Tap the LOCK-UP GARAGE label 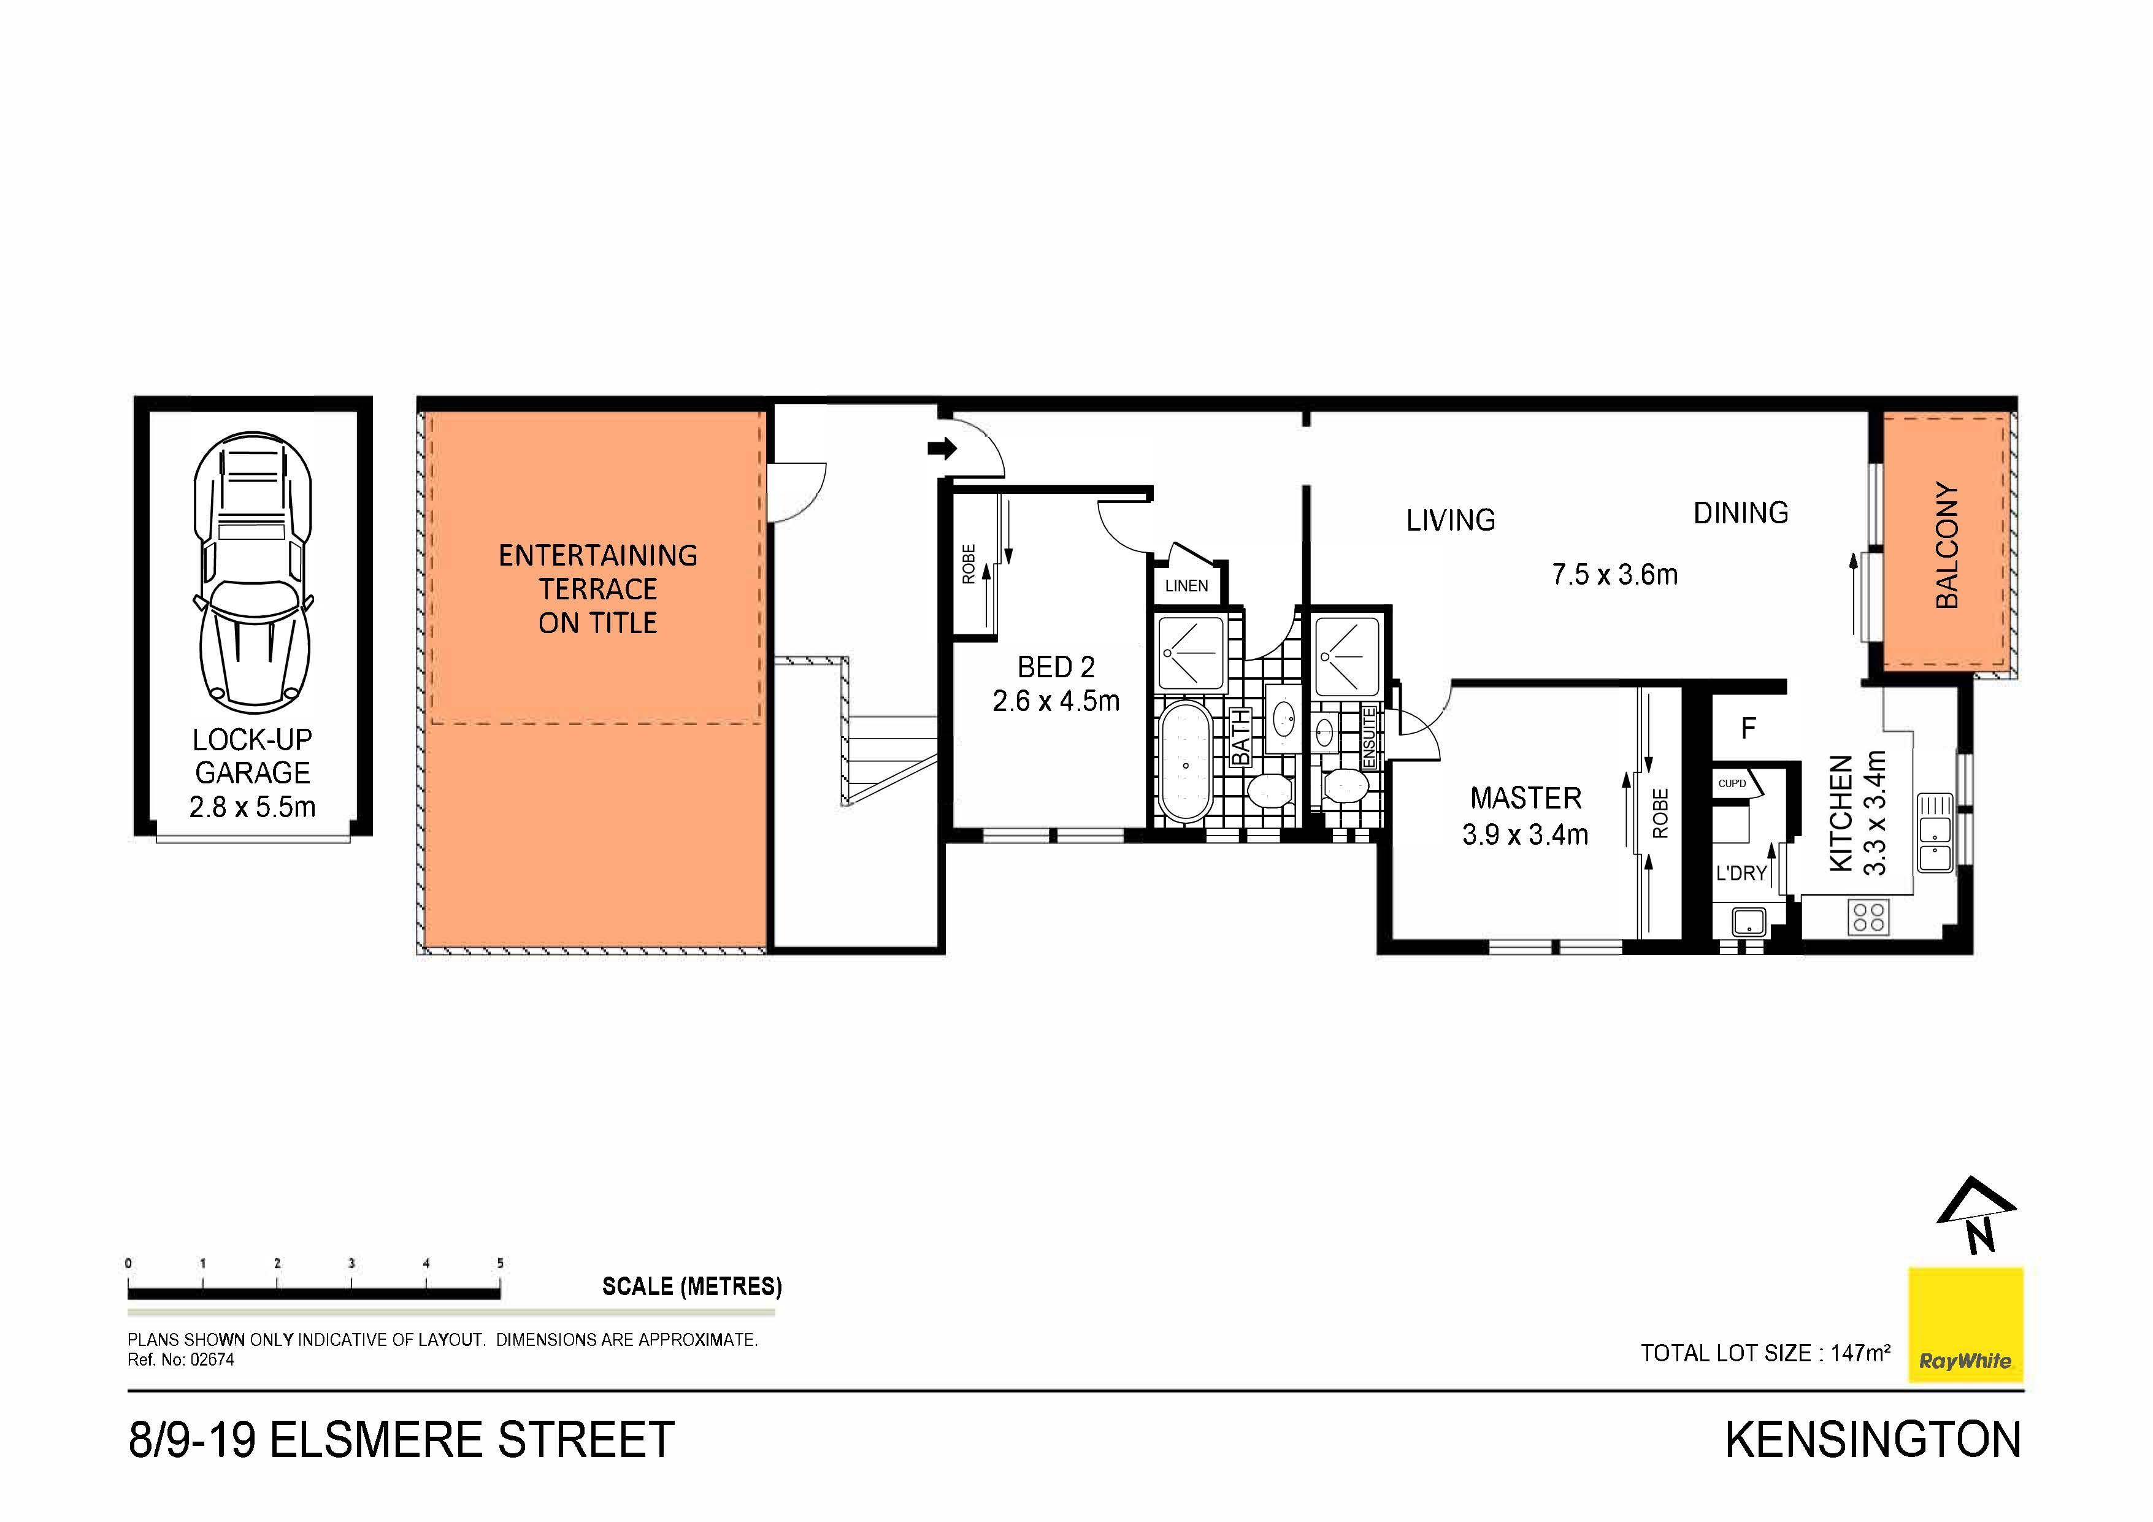pos(252,756)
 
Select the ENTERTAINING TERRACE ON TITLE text pos(598,589)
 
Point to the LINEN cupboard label pos(1186,586)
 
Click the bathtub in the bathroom pos(1186,763)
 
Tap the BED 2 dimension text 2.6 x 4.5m pos(1056,701)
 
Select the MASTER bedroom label pos(1526,798)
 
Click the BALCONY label pos(1948,545)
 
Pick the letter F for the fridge pos(1748,728)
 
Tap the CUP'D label pos(1732,783)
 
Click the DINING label pos(1740,513)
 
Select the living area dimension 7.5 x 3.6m pos(1614,574)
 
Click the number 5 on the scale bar pos(500,1263)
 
